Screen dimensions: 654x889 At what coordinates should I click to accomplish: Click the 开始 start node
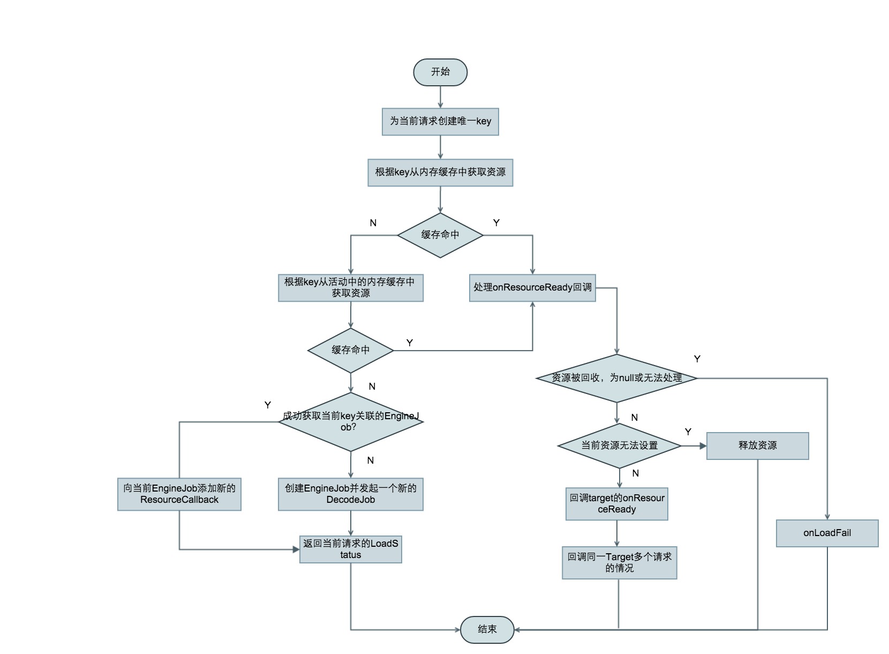click(440, 72)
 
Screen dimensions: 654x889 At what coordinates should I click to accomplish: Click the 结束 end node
click(487, 629)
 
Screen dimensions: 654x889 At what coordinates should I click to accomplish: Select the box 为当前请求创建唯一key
click(440, 122)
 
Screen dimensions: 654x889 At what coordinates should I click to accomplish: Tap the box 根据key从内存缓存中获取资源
click(440, 173)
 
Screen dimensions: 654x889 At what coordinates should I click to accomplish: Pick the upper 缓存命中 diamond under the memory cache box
click(440, 235)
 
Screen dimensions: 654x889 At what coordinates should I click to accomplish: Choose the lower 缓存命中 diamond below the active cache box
click(351, 351)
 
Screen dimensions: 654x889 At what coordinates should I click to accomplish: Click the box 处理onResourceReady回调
click(532, 288)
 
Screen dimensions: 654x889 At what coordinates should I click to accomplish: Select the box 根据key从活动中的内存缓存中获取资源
click(351, 288)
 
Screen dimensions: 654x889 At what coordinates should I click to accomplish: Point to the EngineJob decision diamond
click(351, 422)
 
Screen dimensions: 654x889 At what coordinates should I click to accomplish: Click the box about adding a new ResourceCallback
click(179, 494)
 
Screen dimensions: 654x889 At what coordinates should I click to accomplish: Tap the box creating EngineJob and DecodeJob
click(351, 494)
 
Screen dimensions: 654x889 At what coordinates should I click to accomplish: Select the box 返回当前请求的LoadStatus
click(351, 549)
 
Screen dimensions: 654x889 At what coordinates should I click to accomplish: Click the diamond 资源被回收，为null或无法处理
click(617, 378)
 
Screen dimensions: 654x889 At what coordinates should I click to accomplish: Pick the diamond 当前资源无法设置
click(620, 445)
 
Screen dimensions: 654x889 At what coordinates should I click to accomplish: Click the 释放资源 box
click(757, 446)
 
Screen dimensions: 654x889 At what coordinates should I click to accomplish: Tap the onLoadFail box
click(827, 533)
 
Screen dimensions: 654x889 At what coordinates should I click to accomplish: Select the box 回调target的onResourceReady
click(617, 504)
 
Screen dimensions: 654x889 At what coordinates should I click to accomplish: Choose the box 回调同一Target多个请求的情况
click(620, 563)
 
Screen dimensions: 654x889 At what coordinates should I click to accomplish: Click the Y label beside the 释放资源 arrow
click(688, 432)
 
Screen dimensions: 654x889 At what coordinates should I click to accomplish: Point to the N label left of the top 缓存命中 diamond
click(373, 223)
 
